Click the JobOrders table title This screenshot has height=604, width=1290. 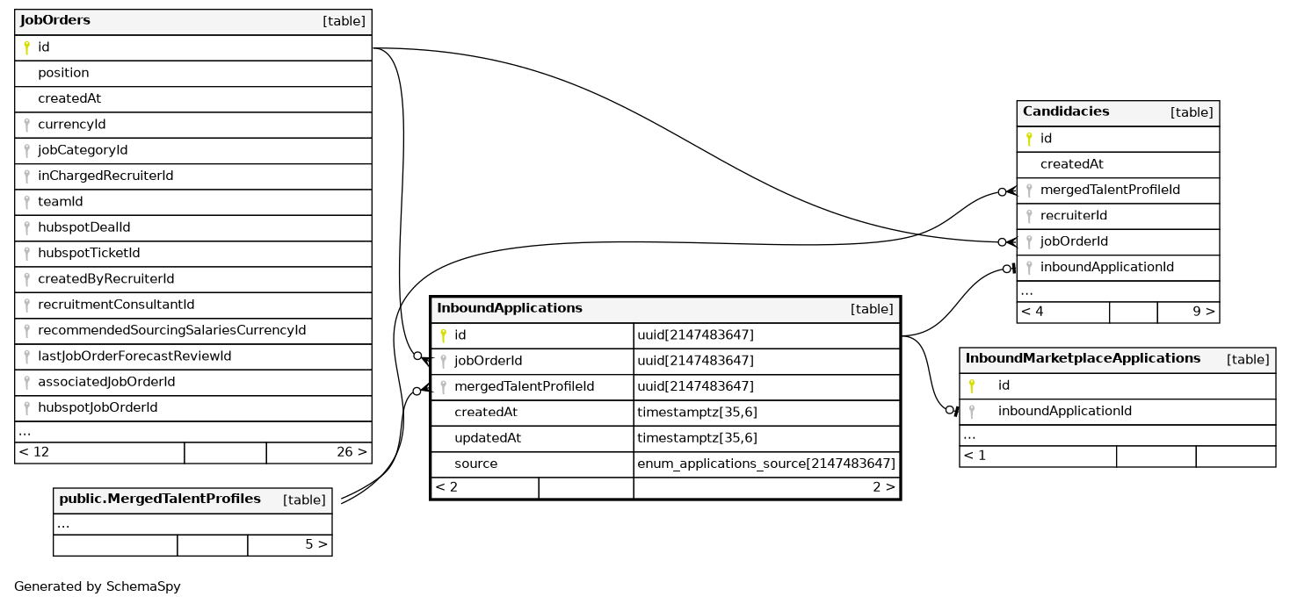(x=55, y=20)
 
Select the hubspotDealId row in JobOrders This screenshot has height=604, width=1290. (x=83, y=227)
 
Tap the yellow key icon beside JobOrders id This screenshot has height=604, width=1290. (x=26, y=47)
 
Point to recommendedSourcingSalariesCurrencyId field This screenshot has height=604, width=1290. (x=171, y=330)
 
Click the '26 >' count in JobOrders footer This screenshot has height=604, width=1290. (x=351, y=452)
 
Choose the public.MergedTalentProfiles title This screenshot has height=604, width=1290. (x=160, y=500)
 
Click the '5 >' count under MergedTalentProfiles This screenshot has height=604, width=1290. (x=316, y=544)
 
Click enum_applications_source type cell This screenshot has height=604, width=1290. (x=766, y=464)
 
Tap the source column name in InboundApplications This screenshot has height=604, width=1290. (x=475, y=464)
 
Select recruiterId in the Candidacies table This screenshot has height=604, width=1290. (x=1074, y=215)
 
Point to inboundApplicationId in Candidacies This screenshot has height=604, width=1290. (x=1107, y=267)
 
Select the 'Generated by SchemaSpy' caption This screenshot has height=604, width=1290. (x=98, y=586)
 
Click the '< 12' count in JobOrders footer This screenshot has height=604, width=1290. (x=34, y=452)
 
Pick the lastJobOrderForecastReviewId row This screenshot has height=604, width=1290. (x=134, y=356)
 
